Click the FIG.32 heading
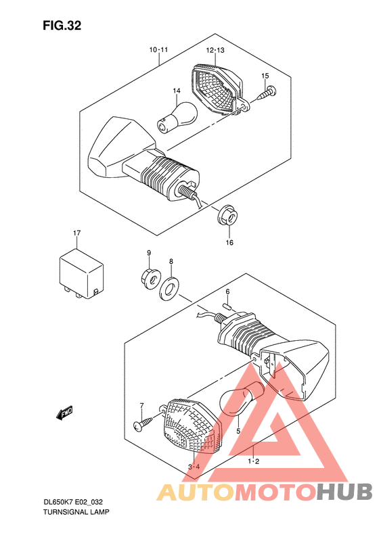pyautogui.click(x=62, y=26)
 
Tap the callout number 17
pyautogui.click(x=77, y=233)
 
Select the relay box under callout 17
pyautogui.click(x=81, y=274)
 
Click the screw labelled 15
pyautogui.click(x=267, y=93)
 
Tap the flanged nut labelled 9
pyautogui.click(x=150, y=278)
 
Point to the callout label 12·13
pyautogui.click(x=215, y=50)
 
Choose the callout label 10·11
pyautogui.click(x=158, y=50)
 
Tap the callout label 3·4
pyautogui.click(x=194, y=467)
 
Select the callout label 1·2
pyautogui.click(x=254, y=461)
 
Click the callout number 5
pyautogui.click(x=238, y=431)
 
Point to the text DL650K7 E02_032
pyautogui.click(x=73, y=502)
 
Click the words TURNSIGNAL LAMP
pyautogui.click(x=76, y=512)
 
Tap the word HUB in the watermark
pyautogui.click(x=344, y=492)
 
